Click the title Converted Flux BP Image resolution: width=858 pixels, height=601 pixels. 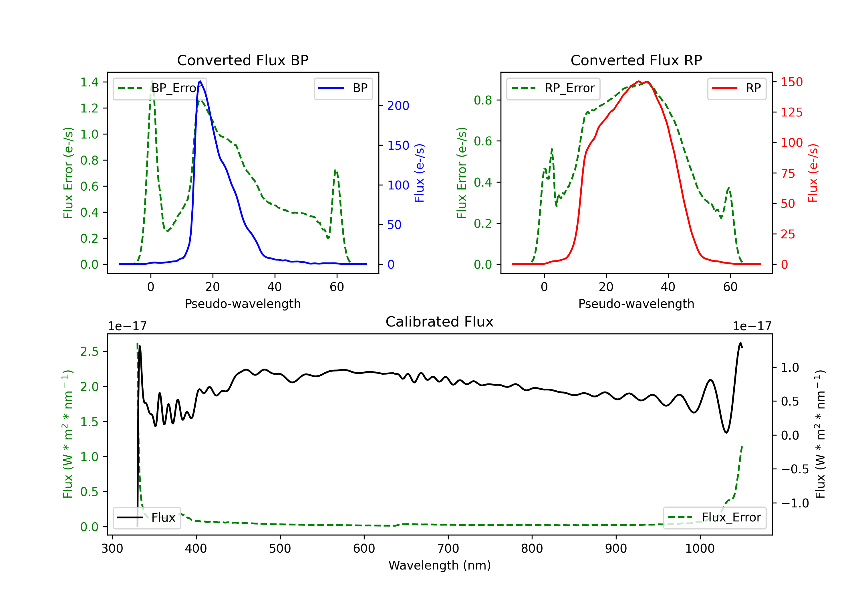[x=243, y=60]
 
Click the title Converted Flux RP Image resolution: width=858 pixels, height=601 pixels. [x=636, y=60]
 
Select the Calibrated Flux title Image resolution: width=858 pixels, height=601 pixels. [x=440, y=322]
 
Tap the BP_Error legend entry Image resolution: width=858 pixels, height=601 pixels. [x=160, y=88]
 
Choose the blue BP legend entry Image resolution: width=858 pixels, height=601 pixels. [x=343, y=88]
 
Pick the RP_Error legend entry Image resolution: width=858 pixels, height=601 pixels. [x=553, y=88]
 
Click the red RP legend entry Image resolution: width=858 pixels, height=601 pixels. [x=736, y=88]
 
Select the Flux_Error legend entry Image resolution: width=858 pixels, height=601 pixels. [x=714, y=518]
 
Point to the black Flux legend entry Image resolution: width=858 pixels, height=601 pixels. [x=146, y=518]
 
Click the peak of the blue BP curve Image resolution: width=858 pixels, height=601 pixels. [x=200, y=81]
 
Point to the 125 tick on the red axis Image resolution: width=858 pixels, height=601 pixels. [x=791, y=112]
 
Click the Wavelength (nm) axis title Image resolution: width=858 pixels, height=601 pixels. [x=440, y=565]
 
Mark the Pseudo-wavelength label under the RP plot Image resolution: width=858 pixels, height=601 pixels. [x=636, y=304]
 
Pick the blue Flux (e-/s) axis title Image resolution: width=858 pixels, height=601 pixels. [x=419, y=173]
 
